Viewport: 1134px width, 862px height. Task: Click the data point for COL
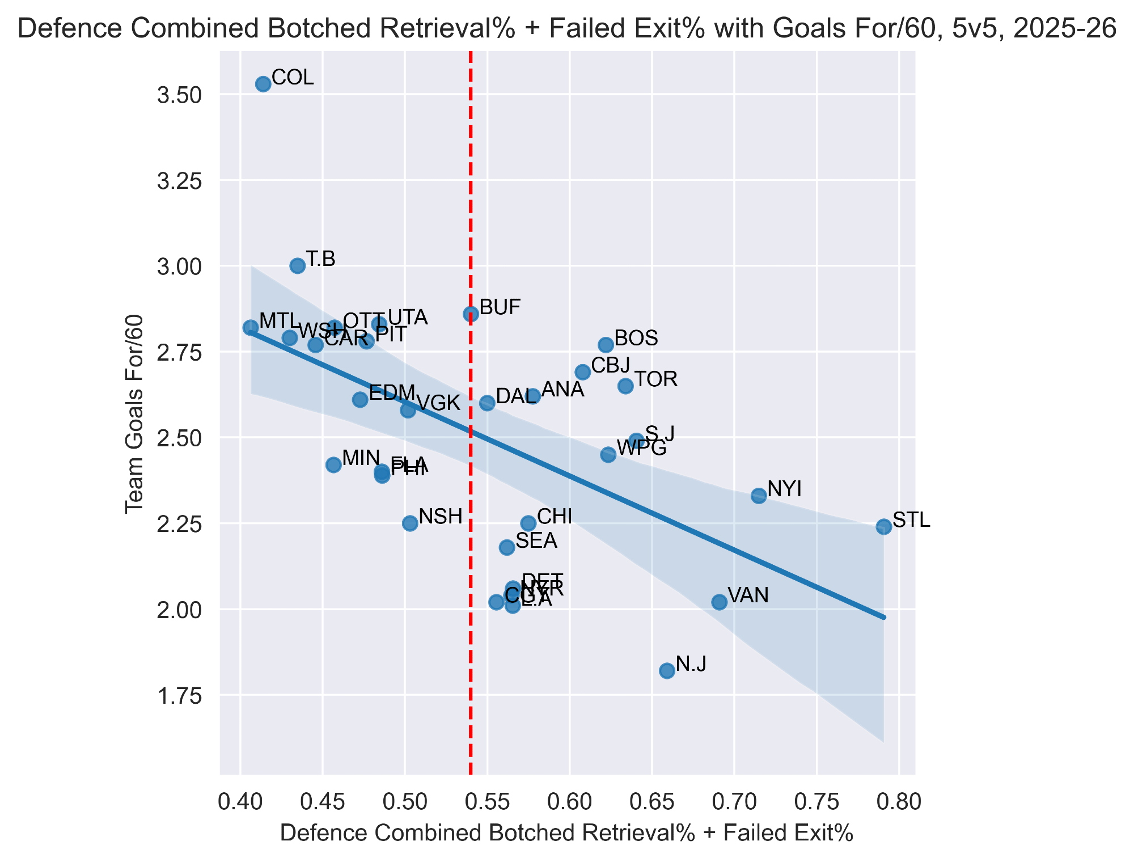pyautogui.click(x=263, y=84)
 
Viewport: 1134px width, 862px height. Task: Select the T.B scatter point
pyautogui.click(x=298, y=265)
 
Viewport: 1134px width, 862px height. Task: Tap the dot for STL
pyautogui.click(x=883, y=526)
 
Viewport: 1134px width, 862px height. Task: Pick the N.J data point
pyautogui.click(x=667, y=671)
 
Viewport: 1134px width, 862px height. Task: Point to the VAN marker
pyautogui.click(x=719, y=602)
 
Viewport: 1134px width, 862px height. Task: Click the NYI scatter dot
pyautogui.click(x=759, y=496)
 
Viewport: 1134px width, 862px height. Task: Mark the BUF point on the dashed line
pyautogui.click(x=471, y=314)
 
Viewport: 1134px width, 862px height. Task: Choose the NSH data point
pyautogui.click(x=410, y=523)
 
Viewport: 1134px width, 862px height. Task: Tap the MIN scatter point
pyautogui.click(x=333, y=464)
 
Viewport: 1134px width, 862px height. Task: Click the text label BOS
pyautogui.click(x=636, y=339)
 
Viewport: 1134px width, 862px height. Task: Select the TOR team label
pyautogui.click(x=655, y=379)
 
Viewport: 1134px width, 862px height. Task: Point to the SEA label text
pyautogui.click(x=536, y=541)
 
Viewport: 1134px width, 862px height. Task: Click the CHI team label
pyautogui.click(x=554, y=517)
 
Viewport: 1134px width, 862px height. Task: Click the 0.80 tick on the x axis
pyautogui.click(x=899, y=802)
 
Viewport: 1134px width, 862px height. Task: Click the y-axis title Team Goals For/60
pyautogui.click(x=135, y=414)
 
